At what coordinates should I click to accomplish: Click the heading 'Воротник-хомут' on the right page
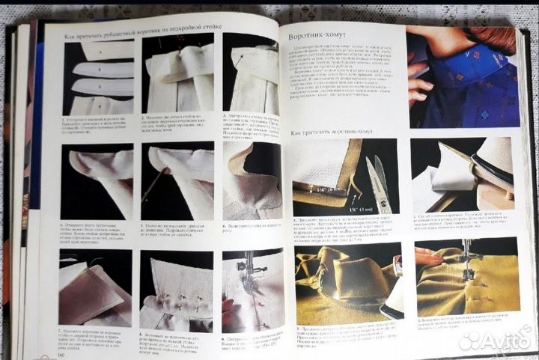[x=319, y=35]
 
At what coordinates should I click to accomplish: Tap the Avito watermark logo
[x=494, y=341]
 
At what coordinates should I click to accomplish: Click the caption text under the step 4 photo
[x=98, y=233]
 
